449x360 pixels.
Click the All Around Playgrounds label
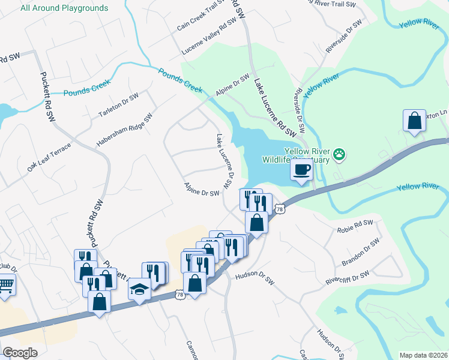[64, 8]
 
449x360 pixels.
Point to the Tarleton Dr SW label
[118, 105]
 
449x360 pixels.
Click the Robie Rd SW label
[355, 226]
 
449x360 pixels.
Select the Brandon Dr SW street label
[361, 253]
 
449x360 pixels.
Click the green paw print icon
[340, 154]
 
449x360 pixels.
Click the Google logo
[19, 352]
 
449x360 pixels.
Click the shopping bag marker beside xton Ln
[414, 121]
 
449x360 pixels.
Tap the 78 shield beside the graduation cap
[179, 295]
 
